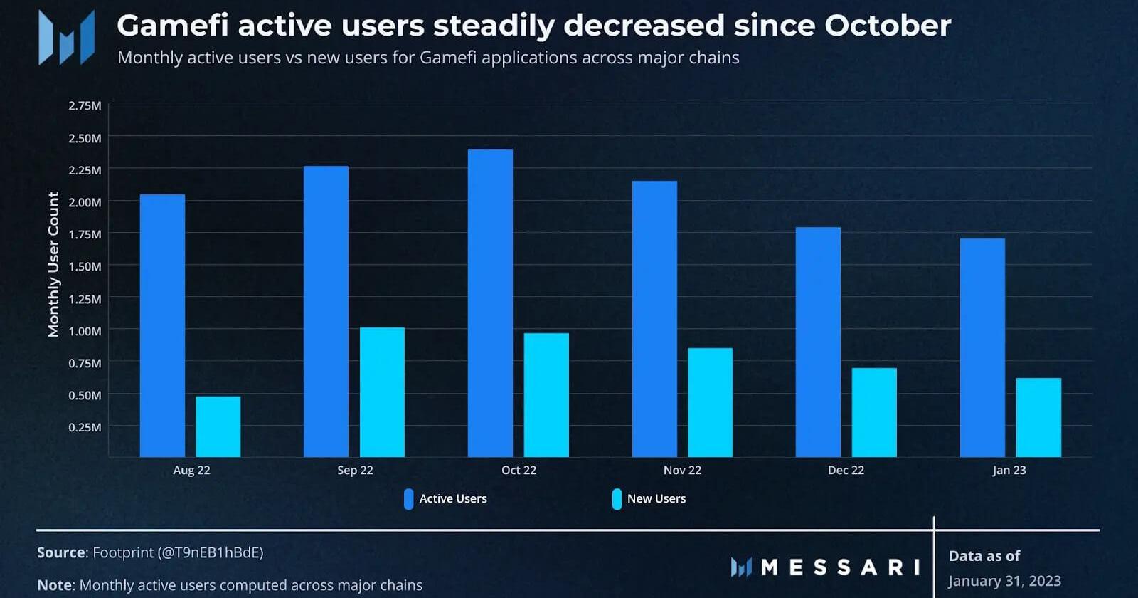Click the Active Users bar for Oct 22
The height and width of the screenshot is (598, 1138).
click(490, 303)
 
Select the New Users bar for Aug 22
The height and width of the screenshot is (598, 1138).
click(218, 426)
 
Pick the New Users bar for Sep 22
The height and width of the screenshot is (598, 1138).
click(382, 392)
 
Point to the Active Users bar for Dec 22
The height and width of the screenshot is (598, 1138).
click(818, 342)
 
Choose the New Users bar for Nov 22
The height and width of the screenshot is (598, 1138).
click(710, 402)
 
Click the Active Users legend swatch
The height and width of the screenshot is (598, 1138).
click(409, 499)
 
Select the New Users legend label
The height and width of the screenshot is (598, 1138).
click(656, 499)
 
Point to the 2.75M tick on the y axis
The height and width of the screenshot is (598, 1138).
click(85, 106)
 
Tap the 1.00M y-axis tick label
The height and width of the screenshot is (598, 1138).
click(85, 331)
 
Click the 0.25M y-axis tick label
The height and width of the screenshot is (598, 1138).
click(85, 427)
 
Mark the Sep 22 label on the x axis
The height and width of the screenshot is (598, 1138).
click(355, 471)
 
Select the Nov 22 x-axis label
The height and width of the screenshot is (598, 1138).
click(682, 471)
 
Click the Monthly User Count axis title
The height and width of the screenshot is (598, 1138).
click(53, 264)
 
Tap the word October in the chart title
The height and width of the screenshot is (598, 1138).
click(888, 26)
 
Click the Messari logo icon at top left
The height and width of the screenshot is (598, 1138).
click(66, 38)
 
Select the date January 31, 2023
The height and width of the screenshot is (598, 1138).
click(1004, 581)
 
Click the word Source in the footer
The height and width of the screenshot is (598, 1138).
click(61, 552)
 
